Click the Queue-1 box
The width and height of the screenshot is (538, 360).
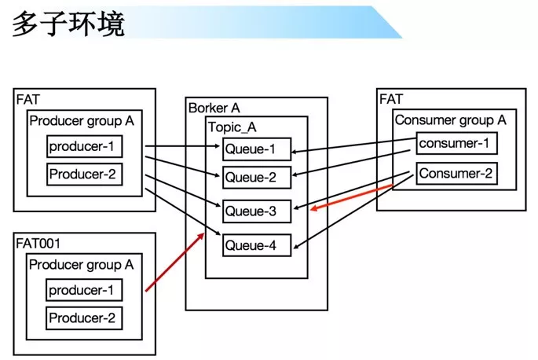click(x=257, y=149)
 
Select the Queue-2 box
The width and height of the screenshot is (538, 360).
click(x=257, y=178)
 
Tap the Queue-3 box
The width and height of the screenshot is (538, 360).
click(x=257, y=211)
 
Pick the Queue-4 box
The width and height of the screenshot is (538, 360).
click(x=257, y=245)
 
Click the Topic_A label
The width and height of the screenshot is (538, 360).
click(x=232, y=127)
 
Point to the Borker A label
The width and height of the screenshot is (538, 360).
click(x=214, y=108)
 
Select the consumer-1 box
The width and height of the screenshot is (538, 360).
click(x=456, y=143)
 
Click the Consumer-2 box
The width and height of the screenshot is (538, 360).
click(x=456, y=173)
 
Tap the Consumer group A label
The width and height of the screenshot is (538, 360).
click(x=451, y=120)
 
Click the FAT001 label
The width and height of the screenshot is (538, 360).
click(x=38, y=244)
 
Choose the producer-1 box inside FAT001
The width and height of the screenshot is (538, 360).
click(x=84, y=290)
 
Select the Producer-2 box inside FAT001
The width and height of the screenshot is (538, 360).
click(x=84, y=318)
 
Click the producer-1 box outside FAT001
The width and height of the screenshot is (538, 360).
click(x=84, y=146)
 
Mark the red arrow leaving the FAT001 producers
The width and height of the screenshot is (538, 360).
click(x=175, y=262)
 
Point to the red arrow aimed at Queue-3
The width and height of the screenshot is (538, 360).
click(x=351, y=197)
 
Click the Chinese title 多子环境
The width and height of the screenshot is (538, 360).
click(x=68, y=24)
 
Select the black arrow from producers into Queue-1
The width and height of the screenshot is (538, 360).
click(x=182, y=146)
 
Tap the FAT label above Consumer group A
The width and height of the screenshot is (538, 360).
click(x=390, y=99)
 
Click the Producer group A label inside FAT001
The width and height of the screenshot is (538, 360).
click(x=82, y=265)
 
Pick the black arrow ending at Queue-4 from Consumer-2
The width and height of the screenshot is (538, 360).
click(x=353, y=211)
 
